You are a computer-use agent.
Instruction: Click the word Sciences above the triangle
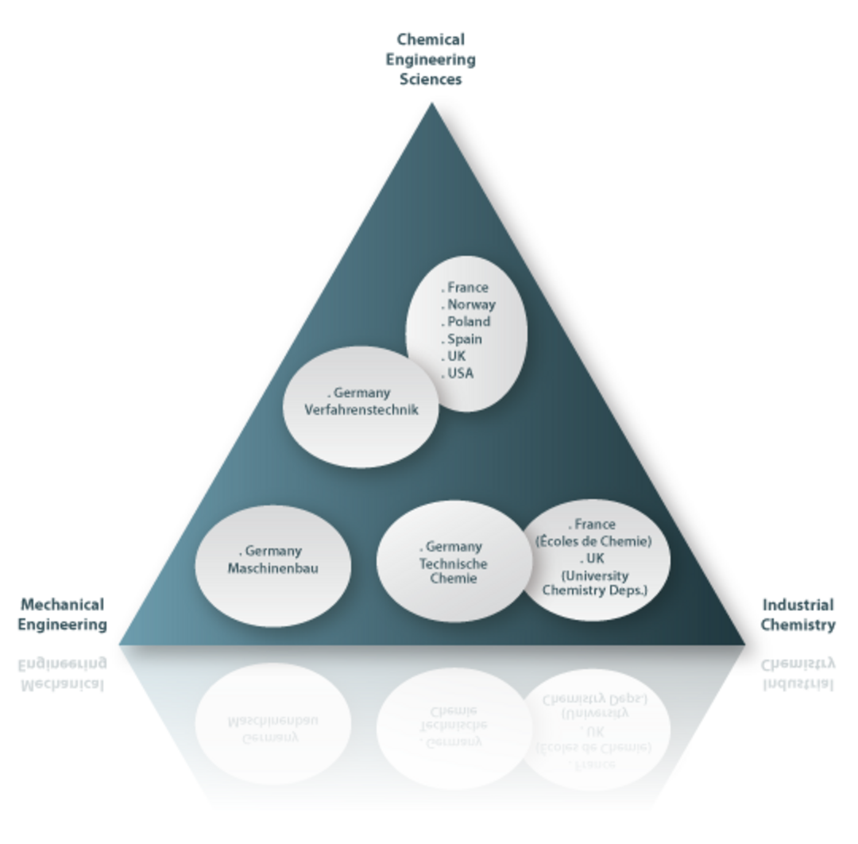point(431,79)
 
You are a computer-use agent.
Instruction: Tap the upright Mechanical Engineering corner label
point(64,614)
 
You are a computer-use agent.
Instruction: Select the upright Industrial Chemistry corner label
point(797,614)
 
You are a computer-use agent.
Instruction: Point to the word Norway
point(471,304)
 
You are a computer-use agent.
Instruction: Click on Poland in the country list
point(469,322)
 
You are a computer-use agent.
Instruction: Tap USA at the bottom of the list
point(461,374)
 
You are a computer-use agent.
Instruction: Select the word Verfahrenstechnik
point(361,410)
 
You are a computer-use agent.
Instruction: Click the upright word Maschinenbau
point(272,568)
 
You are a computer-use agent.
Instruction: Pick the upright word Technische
point(454,563)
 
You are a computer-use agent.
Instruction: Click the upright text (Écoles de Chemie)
point(594,541)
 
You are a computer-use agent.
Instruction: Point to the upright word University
point(595,575)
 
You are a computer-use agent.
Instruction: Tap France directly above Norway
point(468,288)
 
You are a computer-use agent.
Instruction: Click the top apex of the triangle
point(431,105)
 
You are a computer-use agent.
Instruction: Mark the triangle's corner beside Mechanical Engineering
point(122,642)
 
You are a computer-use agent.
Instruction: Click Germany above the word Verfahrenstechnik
point(365,393)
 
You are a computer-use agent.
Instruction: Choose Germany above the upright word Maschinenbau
point(274,551)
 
